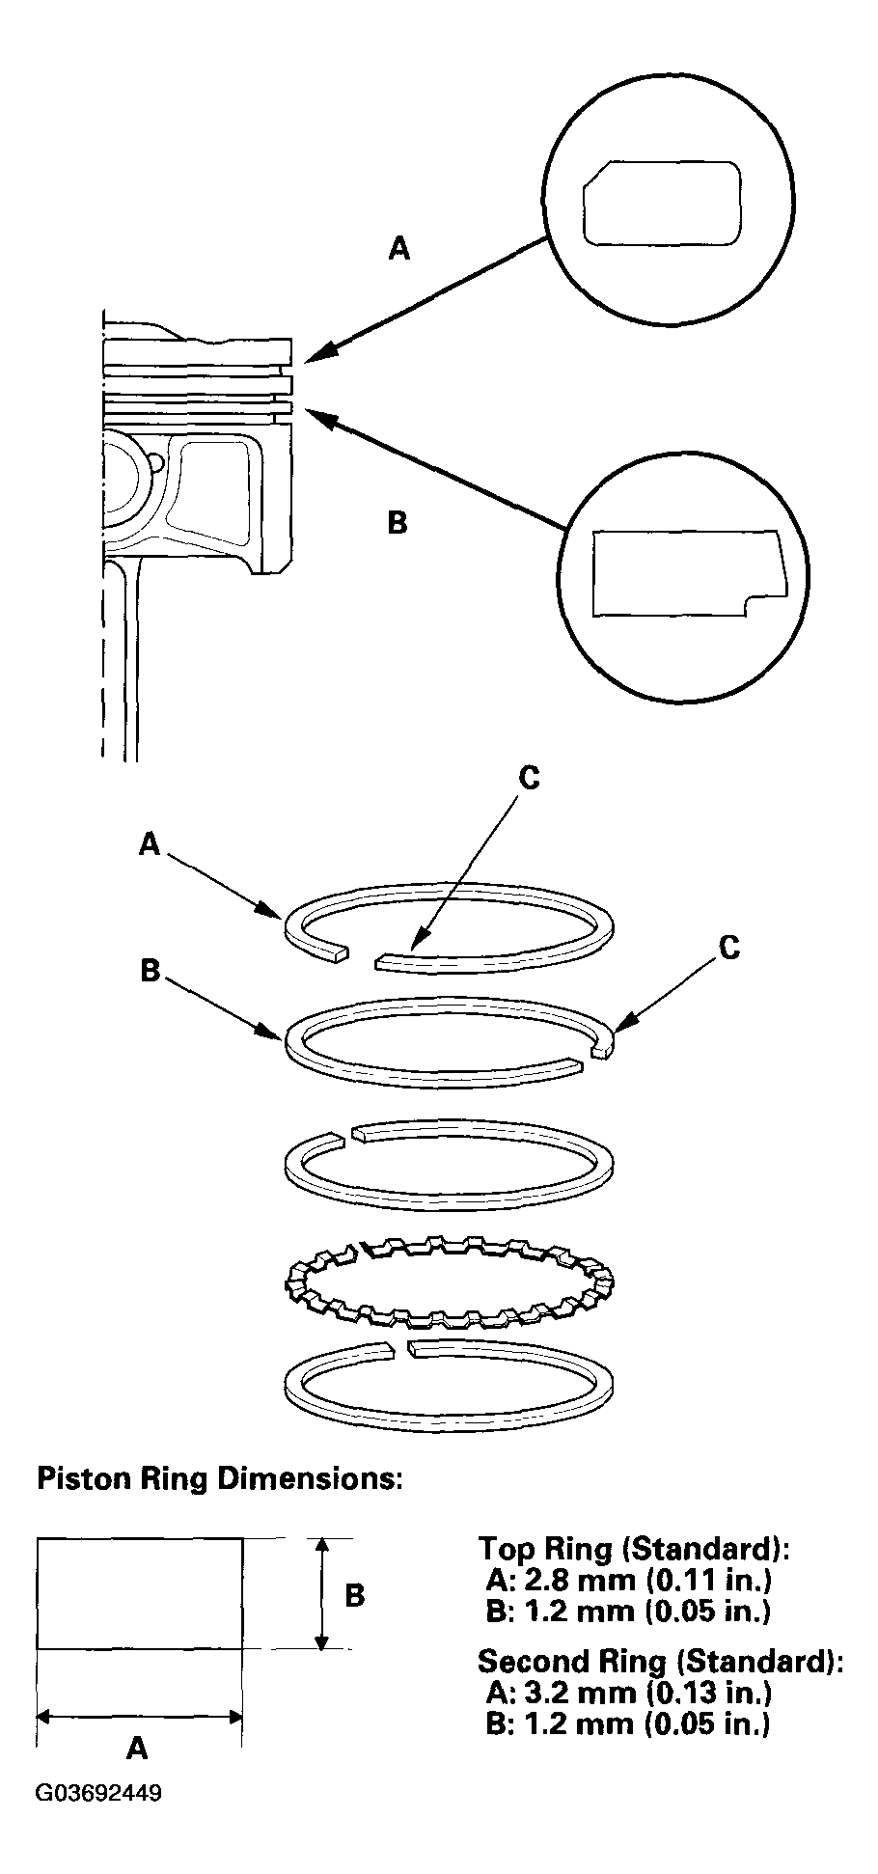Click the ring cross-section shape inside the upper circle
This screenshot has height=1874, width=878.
pos(662,202)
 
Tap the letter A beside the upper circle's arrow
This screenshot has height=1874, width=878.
pos(398,249)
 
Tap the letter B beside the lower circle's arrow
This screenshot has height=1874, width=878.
pos(397,523)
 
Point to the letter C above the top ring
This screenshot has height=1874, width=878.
pos(529,778)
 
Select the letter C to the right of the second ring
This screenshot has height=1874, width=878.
pos(729,949)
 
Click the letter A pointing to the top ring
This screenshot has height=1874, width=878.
pos(149,844)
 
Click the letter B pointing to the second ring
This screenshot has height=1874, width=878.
pos(150,970)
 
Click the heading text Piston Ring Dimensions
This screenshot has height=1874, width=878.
pos(219,1478)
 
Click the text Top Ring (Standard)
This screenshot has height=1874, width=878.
pos(634,1549)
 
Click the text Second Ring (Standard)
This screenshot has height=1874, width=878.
pos(660,1661)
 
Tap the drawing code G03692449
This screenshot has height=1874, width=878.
pos(98,1794)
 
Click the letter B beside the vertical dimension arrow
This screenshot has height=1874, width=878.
pos(354,1594)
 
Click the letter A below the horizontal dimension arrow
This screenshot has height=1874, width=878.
pos(138,1747)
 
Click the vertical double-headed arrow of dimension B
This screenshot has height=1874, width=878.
pos(324,1593)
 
